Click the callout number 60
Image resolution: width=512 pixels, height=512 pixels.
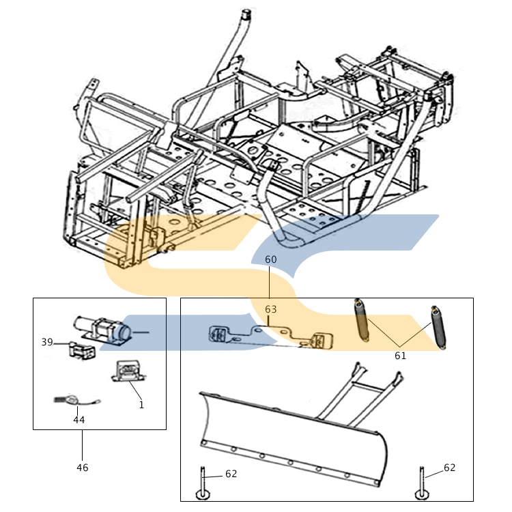tap(271, 259)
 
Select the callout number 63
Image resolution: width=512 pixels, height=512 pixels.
tap(271, 309)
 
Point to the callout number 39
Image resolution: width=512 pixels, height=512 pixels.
tap(47, 342)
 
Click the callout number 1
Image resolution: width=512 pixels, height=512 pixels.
tap(141, 404)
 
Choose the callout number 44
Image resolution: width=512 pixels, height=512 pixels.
tap(79, 420)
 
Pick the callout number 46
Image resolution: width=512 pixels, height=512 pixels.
tap(82, 468)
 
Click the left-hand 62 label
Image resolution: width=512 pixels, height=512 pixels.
tap(231, 474)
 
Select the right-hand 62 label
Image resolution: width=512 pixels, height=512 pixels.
tap(449, 468)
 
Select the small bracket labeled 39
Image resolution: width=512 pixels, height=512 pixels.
tap(80, 352)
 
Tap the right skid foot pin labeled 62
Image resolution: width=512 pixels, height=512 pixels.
tap(421, 485)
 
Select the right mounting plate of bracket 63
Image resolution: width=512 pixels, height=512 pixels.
tap(320, 339)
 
